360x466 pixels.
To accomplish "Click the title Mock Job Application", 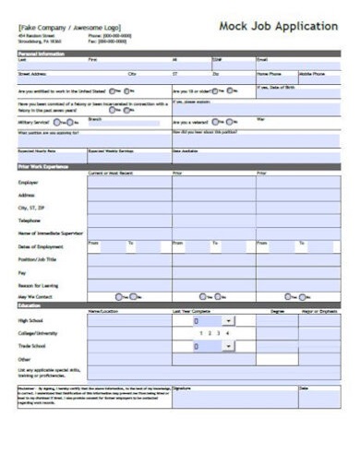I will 278,26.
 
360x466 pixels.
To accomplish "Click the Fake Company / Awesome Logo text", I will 69,29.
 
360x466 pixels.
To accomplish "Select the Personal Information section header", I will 42,54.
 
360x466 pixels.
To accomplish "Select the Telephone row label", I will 30,221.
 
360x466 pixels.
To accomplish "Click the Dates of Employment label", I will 41,246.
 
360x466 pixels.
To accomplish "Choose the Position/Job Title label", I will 39,259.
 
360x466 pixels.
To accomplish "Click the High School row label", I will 30,320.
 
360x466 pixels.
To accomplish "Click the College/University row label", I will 38,333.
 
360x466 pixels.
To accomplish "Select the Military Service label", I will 33,122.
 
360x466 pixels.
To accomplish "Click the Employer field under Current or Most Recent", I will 128,183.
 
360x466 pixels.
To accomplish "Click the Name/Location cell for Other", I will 128,359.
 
